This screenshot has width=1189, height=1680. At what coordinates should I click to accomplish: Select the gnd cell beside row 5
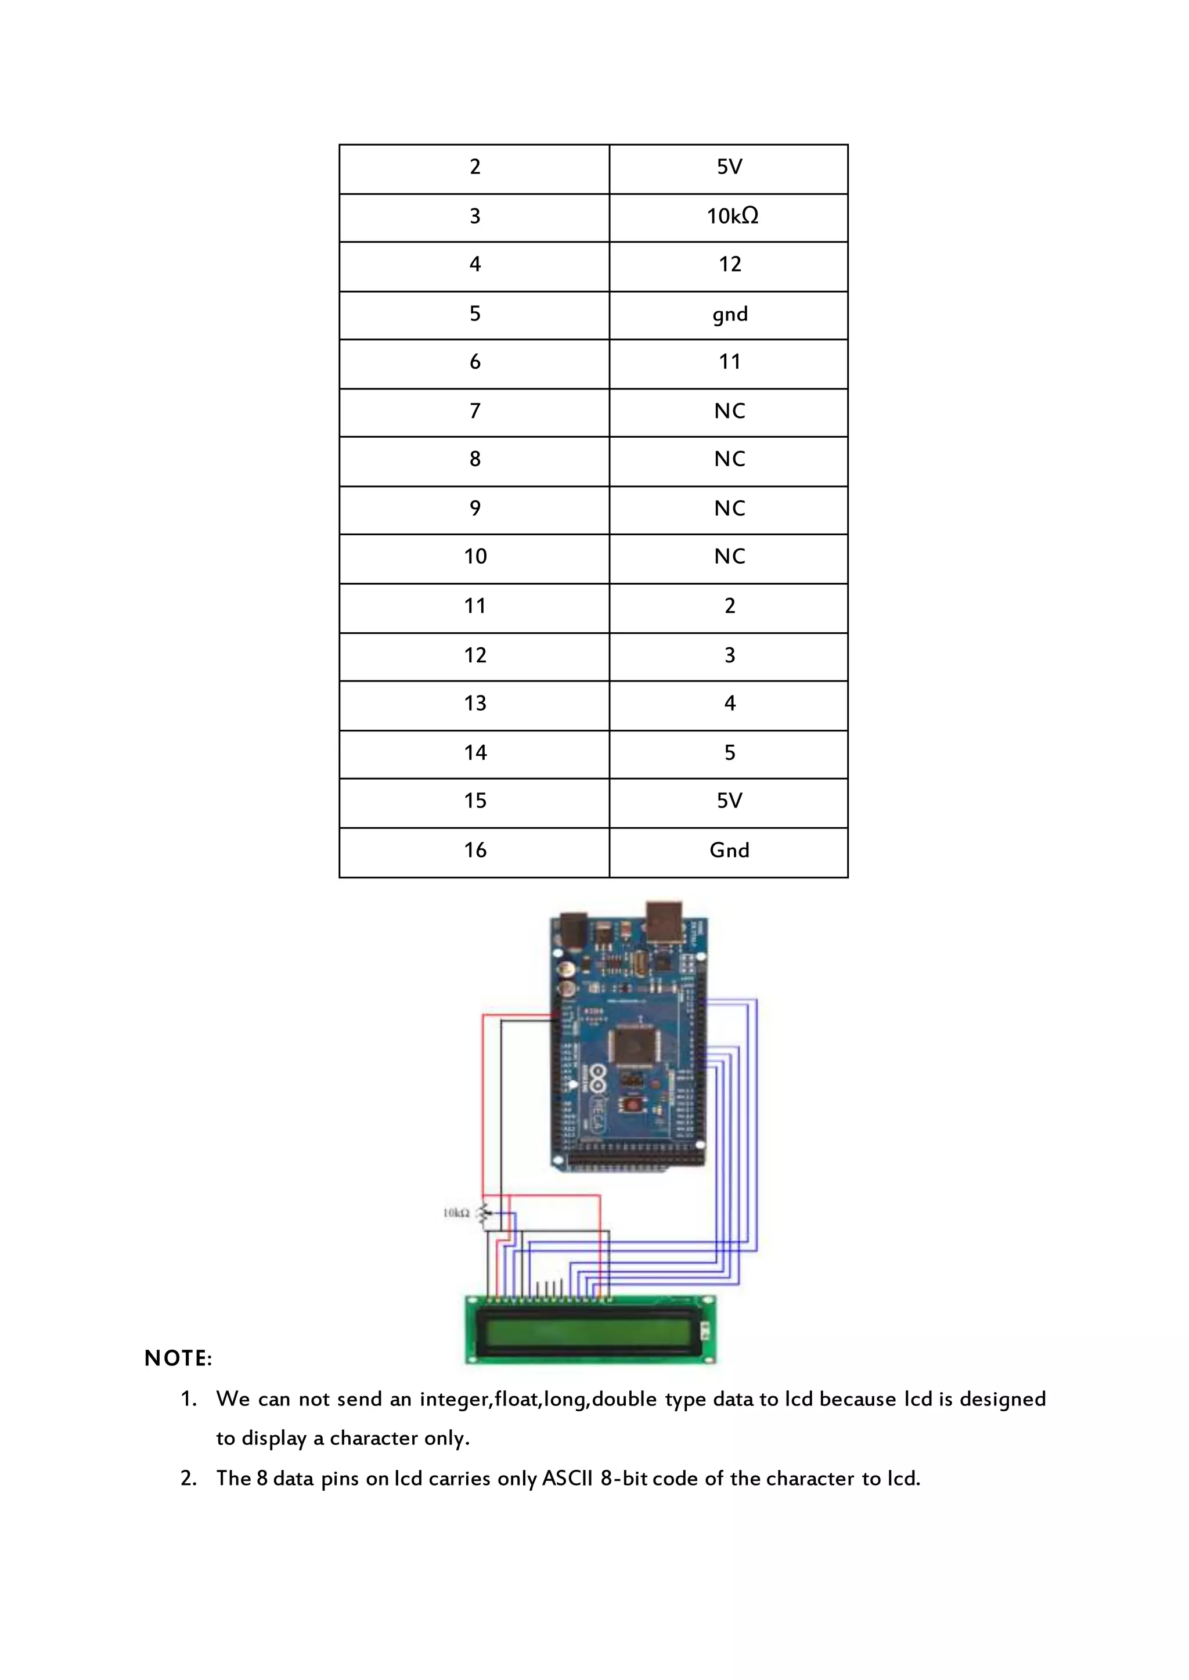click(x=730, y=315)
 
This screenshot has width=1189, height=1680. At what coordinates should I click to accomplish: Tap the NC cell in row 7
click(x=729, y=412)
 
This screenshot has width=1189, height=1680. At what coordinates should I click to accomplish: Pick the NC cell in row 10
click(x=729, y=557)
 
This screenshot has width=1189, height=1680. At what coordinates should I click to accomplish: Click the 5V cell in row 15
click(x=729, y=801)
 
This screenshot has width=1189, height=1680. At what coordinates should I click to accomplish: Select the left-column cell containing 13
click(x=474, y=704)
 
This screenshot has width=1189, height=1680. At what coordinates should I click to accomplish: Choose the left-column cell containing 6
click(x=474, y=362)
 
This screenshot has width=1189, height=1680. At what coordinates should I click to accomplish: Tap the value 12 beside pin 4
click(x=729, y=265)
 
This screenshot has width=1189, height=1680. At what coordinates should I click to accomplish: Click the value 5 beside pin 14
click(x=729, y=754)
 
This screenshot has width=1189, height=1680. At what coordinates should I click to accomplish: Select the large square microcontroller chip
click(x=634, y=1044)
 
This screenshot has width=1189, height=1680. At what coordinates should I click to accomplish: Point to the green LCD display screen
click(x=586, y=1334)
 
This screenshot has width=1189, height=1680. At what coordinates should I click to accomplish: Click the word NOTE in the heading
click(x=178, y=1358)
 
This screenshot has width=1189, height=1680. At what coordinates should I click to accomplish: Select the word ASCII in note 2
click(x=567, y=1479)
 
